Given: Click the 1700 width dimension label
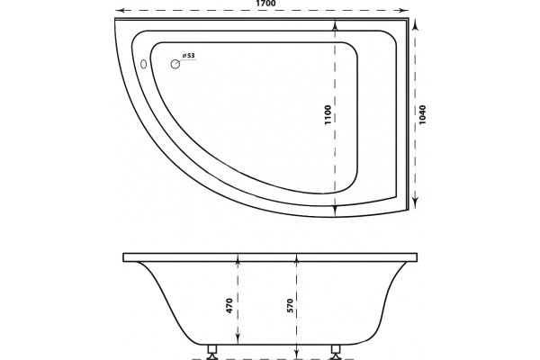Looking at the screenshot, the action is (265, 3).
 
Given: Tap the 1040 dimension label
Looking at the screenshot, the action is (423, 114).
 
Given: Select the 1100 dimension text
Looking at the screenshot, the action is (328, 114).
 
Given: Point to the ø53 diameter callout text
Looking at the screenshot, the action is (188, 55).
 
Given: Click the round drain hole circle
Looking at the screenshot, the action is (175, 64).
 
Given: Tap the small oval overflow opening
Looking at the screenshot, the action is (144, 64).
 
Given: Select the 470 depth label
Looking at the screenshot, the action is (229, 306).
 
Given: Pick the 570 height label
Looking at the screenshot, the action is (290, 306).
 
